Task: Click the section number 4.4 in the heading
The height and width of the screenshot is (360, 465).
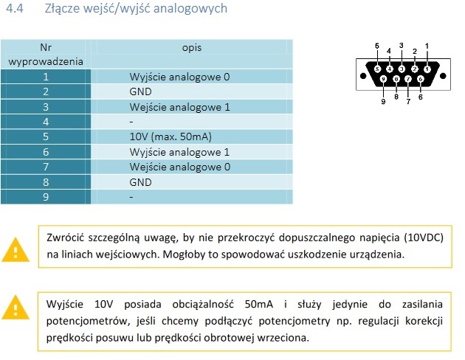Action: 15,8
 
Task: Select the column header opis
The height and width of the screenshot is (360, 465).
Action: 192,48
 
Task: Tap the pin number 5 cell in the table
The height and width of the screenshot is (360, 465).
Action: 46,136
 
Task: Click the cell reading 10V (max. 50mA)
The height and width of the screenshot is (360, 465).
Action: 170,136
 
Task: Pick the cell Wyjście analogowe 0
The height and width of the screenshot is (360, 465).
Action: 179,77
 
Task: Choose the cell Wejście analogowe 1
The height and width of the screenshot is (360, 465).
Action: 179,107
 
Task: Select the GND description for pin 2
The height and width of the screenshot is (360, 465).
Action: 140,92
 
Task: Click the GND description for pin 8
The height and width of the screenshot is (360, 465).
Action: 140,182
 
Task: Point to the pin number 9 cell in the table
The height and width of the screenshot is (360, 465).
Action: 46,197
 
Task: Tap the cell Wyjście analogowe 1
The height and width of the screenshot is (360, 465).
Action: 179,152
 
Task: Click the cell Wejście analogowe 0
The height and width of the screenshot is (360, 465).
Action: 179,167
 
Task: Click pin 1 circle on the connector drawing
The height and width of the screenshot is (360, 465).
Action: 427,69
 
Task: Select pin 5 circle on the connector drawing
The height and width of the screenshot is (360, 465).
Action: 377,69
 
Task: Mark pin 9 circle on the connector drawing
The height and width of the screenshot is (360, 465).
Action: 384,79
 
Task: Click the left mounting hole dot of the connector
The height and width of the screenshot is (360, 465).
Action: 363,76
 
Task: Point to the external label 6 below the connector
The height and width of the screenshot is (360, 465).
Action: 421,97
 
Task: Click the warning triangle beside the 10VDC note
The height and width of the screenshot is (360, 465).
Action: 15,250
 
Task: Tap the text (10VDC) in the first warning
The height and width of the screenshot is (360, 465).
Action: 424,238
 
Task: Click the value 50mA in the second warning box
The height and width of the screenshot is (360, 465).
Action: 259,304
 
